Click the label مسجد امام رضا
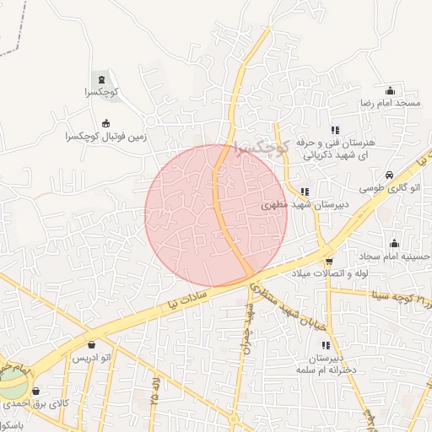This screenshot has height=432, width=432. coord(390,102)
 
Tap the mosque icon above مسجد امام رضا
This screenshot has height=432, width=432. coord(390,90)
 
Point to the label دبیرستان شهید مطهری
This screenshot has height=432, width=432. coord(287,204)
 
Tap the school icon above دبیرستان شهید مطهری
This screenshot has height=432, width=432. coord(304,192)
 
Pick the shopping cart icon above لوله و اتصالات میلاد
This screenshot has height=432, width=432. coord(329,261)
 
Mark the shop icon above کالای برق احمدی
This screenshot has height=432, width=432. coord(35,391)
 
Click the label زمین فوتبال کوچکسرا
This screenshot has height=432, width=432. coord(105,135)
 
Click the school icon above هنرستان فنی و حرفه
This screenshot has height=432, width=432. coord(335,131)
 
